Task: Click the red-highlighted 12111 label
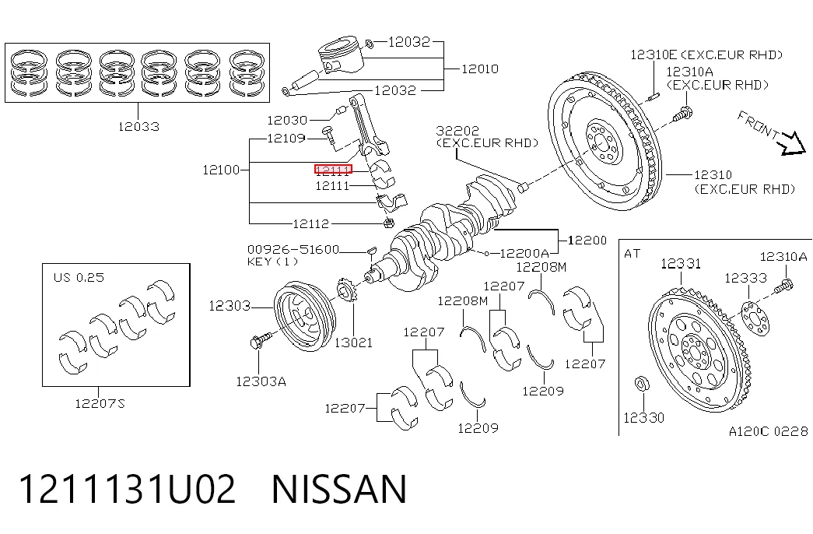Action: [334, 169]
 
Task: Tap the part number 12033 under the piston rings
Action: [138, 126]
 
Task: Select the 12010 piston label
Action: [480, 69]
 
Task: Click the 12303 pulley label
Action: [230, 306]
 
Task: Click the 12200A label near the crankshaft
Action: [524, 253]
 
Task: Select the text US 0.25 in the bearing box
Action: [79, 278]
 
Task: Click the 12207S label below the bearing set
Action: [100, 403]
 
